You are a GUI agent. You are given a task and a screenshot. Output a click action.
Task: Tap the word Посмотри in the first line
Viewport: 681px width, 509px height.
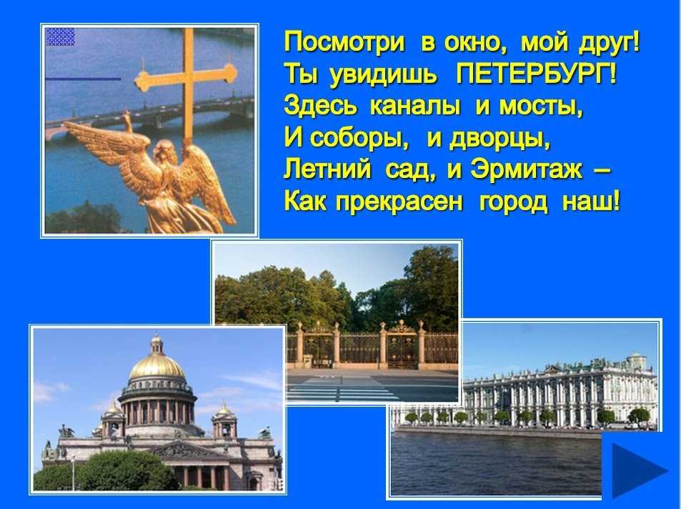click(344, 44)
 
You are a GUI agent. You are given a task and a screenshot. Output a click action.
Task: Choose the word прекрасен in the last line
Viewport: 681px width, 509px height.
click(399, 202)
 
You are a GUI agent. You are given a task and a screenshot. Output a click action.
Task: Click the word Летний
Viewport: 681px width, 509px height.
click(327, 169)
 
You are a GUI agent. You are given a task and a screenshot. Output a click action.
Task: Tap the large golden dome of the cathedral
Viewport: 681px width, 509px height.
click(156, 367)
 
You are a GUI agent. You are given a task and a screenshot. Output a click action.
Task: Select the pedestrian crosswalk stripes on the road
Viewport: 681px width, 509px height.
click(343, 388)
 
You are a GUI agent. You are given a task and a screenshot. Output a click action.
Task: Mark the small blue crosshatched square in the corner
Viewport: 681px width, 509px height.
click(60, 36)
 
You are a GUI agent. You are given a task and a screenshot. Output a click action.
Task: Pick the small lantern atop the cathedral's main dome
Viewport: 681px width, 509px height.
click(156, 344)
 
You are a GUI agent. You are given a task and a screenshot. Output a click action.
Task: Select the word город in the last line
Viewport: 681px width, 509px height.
click(514, 202)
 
